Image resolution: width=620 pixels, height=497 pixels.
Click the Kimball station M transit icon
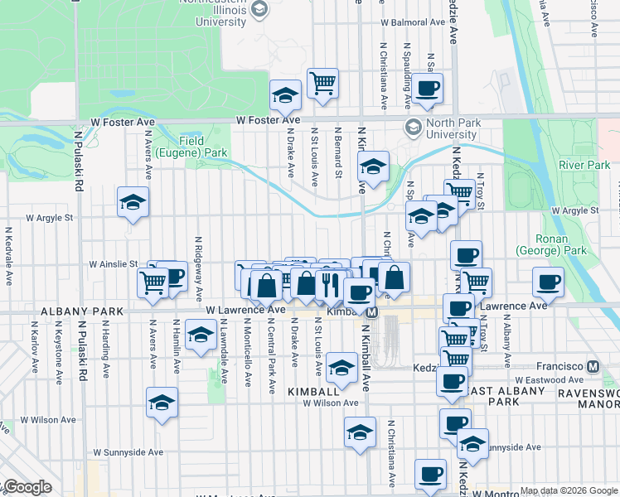(372, 312)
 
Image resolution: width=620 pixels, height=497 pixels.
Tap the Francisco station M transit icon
(593, 365)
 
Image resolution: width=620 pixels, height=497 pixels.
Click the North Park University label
(452, 128)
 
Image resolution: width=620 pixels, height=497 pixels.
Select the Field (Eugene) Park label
(192, 147)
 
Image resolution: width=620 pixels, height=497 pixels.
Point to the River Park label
(584, 165)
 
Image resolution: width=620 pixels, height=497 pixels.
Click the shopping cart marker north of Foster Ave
(322, 82)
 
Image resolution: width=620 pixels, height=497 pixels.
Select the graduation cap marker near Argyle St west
(133, 203)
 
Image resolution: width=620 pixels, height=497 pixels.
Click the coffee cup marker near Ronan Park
(548, 282)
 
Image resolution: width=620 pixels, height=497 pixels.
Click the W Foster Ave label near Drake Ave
(268, 120)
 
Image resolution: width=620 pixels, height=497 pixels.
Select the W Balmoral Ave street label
(407, 23)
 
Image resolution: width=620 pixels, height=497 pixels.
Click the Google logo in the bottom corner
(27, 487)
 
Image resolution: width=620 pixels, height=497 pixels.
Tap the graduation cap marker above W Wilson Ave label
(341, 367)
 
